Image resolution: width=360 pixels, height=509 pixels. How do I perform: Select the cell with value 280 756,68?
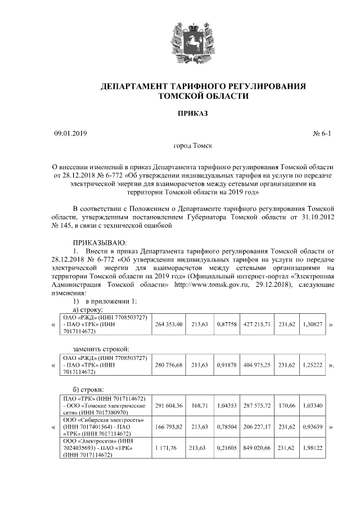[169, 365]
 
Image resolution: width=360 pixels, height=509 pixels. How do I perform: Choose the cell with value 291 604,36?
[169, 406]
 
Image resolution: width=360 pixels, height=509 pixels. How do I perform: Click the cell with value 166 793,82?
[169, 427]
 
